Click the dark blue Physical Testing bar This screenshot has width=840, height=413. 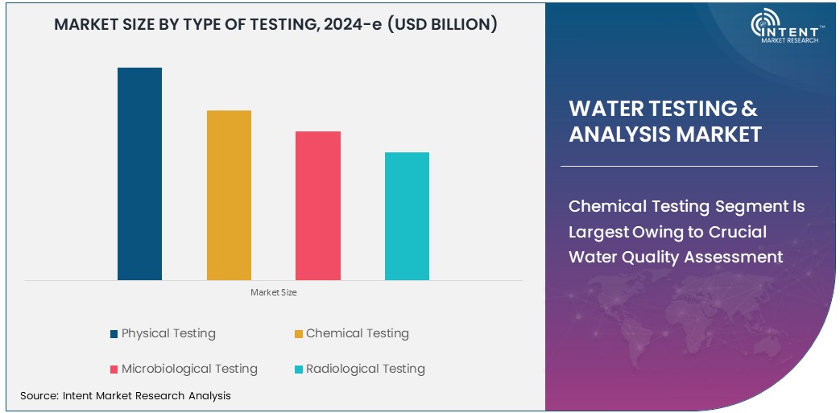pos(139,174)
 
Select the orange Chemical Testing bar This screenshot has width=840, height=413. pos(229,195)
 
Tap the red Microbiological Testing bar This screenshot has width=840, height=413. pos(318,205)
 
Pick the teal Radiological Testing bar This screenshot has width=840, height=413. pos(407,216)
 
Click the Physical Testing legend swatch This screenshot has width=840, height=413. pos(114,333)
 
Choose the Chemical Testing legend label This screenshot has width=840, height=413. pos(357,333)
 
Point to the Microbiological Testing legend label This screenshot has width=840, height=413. pos(189,369)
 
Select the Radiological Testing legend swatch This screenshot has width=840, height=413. pos(299,370)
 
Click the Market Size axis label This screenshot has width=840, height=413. pos(274,292)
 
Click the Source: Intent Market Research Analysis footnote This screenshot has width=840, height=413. pos(126,395)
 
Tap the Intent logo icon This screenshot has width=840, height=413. pos(765,24)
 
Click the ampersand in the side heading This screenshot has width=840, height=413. pos(749,109)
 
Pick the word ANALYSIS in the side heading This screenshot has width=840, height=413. pos(618,134)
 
